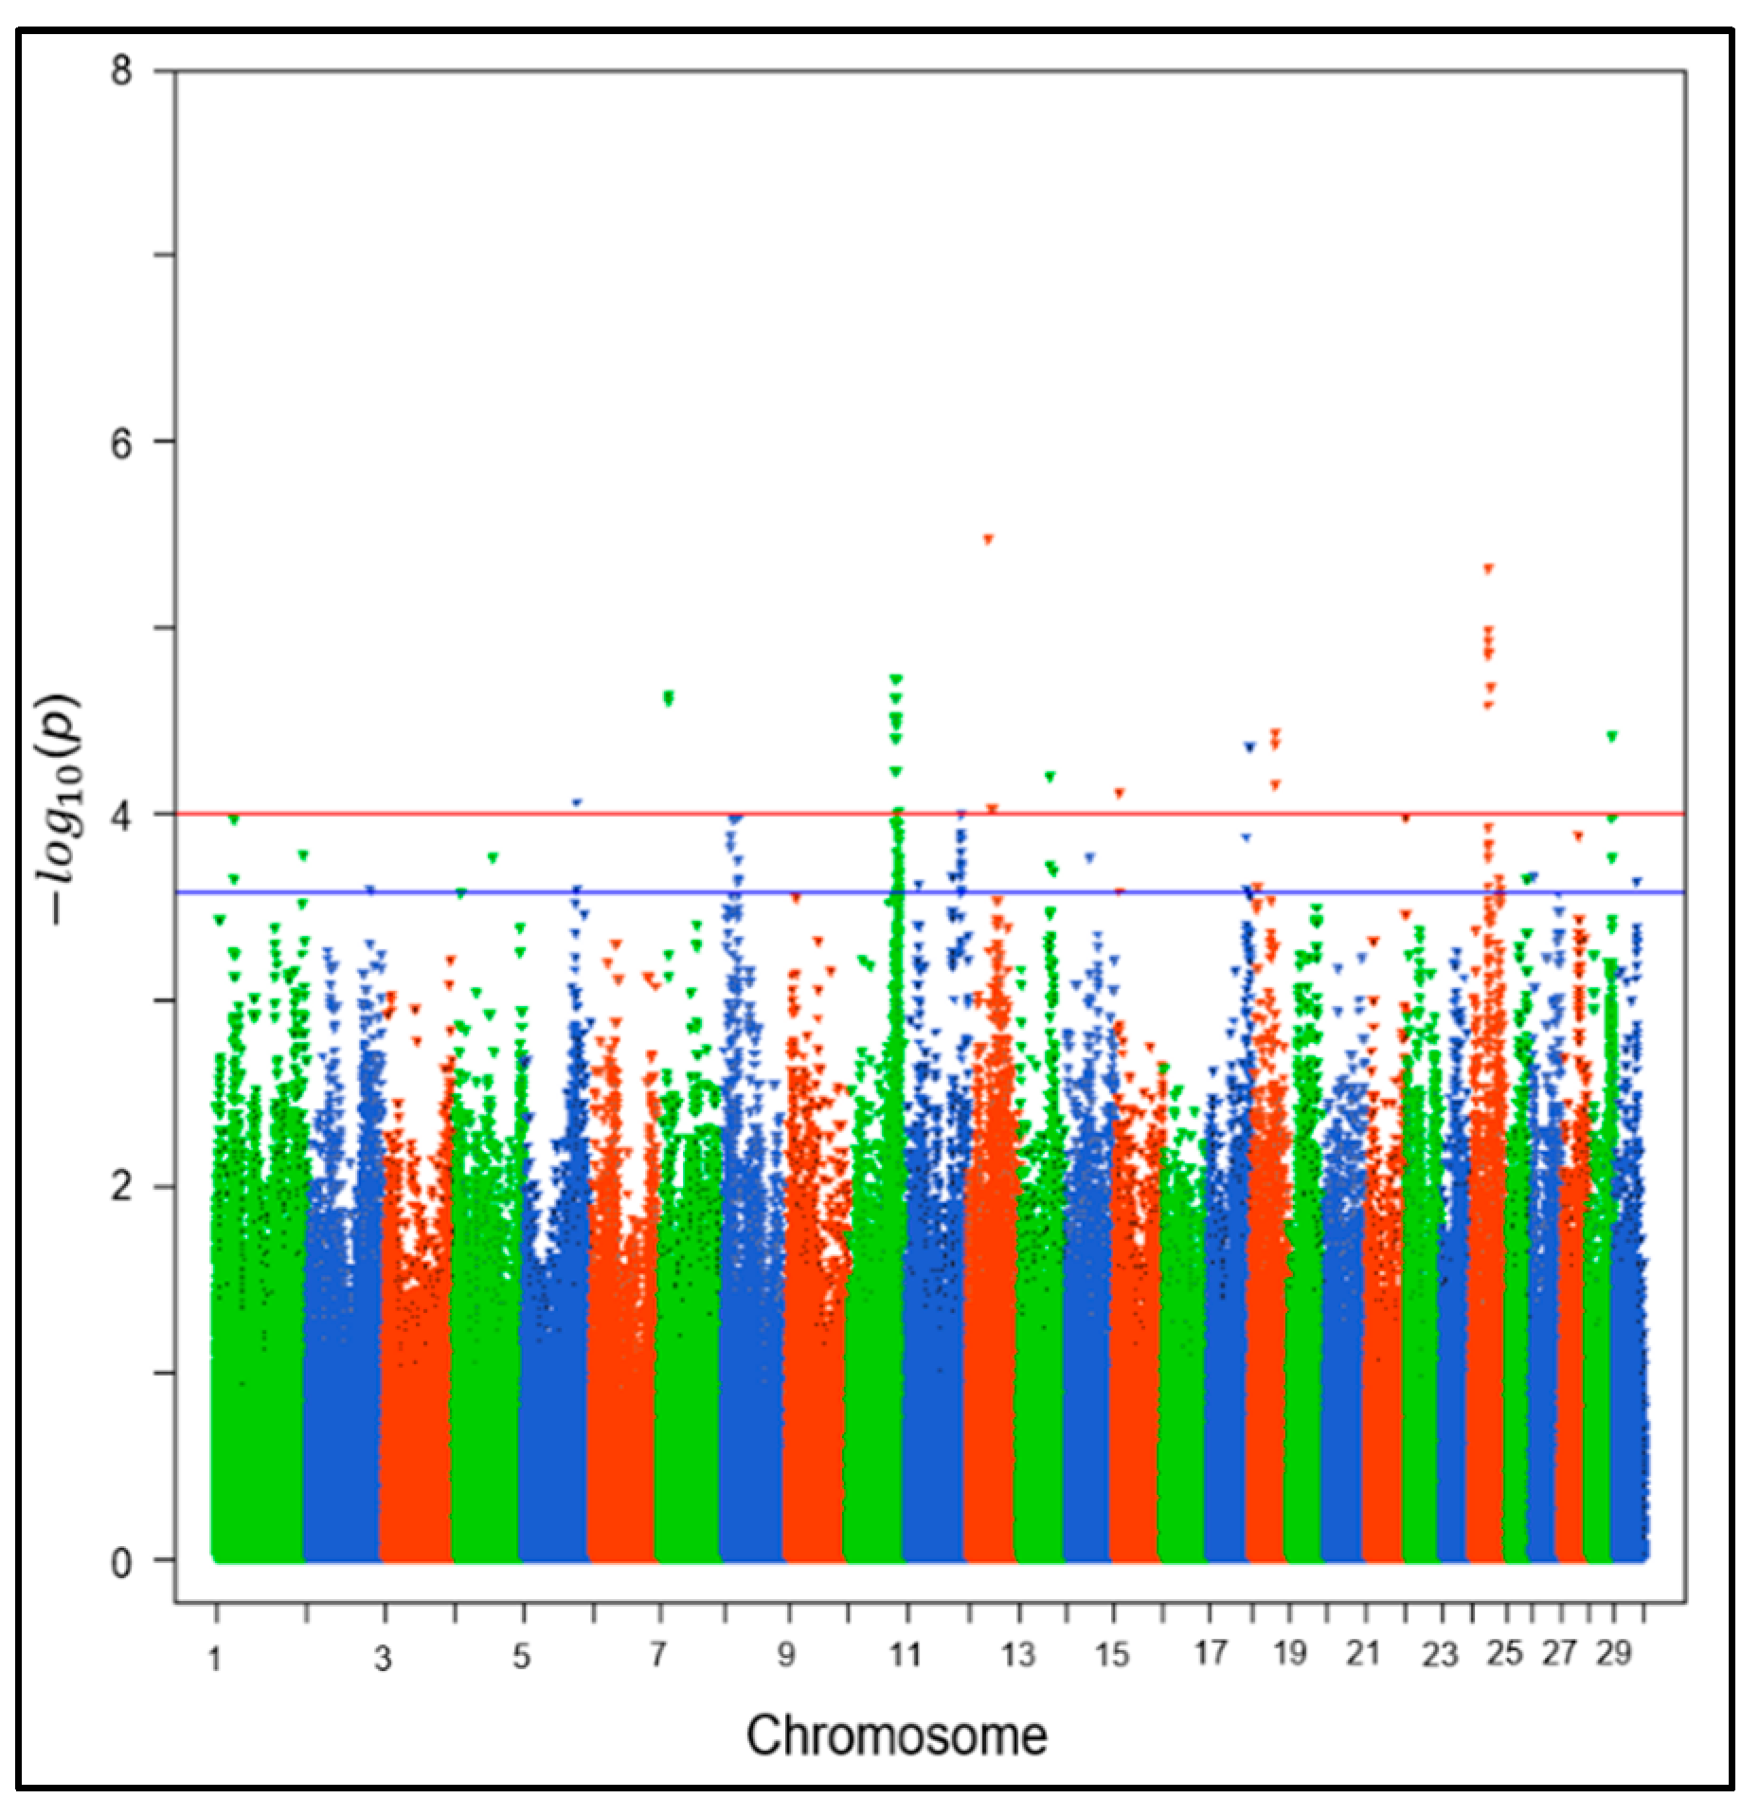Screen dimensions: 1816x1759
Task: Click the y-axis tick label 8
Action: pos(121,71)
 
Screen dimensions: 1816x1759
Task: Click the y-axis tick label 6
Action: pos(121,442)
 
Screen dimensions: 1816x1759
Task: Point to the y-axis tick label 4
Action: pos(121,815)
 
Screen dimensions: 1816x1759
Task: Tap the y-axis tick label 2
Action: pos(121,1186)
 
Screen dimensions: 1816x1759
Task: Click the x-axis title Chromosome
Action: pos(896,1736)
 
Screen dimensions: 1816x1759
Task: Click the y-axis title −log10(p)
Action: pos(59,809)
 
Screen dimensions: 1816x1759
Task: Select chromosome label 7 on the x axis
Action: pos(657,1655)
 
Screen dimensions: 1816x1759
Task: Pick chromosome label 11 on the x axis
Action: pos(905,1655)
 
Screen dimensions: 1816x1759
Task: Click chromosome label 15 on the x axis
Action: pos(1111,1655)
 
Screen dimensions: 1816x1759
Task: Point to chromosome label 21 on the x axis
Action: pos(1362,1653)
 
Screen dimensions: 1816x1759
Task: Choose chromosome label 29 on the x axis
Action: pos(1613,1653)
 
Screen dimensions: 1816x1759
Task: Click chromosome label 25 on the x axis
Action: pos(1504,1653)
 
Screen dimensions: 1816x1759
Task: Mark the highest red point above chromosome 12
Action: pos(988,539)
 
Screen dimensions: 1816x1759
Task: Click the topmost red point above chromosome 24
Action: pos(1488,568)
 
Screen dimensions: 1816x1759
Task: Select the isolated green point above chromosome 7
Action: pos(669,698)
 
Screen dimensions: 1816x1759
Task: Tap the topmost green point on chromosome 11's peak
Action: pos(896,678)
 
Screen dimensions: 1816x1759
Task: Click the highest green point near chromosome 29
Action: pos(1612,736)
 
